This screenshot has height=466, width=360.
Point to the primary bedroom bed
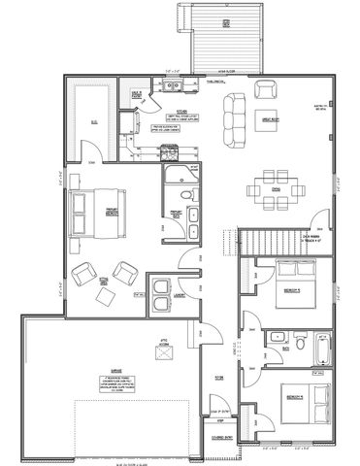click(x=93, y=211)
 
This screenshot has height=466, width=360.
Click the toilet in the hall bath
click(x=299, y=342)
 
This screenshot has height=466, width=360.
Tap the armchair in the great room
click(x=265, y=89)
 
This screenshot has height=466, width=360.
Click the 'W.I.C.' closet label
click(x=94, y=121)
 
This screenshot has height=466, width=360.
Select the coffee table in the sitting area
click(x=106, y=284)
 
